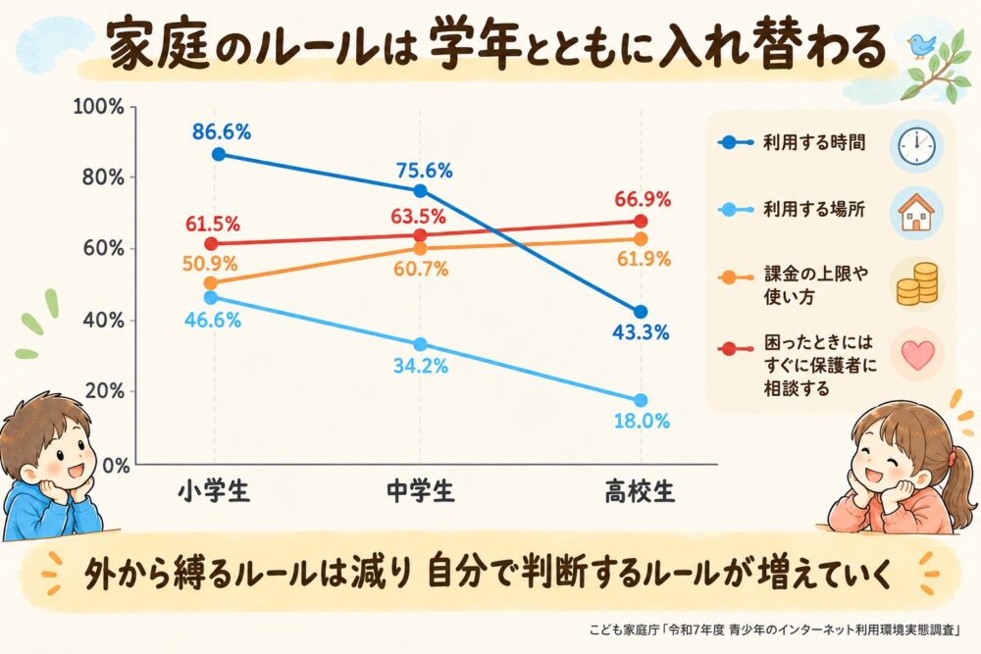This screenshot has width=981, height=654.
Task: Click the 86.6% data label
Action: [x=222, y=132]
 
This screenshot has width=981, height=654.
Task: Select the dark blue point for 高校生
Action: [x=640, y=312]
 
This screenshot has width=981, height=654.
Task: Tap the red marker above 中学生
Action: [x=421, y=235]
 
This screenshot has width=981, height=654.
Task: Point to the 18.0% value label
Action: [x=642, y=421]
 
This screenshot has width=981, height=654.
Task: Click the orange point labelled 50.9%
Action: [x=211, y=283]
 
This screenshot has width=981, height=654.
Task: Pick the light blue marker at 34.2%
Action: [x=421, y=344]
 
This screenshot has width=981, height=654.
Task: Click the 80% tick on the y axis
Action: [x=103, y=177]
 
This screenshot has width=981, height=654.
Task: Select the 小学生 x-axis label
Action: [x=213, y=491]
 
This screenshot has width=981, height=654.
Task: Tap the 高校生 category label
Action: [x=640, y=491]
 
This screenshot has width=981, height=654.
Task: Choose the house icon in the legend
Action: [x=916, y=213]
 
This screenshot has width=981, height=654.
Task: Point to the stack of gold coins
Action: [x=916, y=284]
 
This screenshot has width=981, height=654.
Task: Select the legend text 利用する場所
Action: [x=813, y=209]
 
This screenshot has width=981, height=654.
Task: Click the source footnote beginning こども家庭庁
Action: [x=775, y=629]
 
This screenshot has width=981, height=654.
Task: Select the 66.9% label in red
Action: [x=643, y=200]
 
